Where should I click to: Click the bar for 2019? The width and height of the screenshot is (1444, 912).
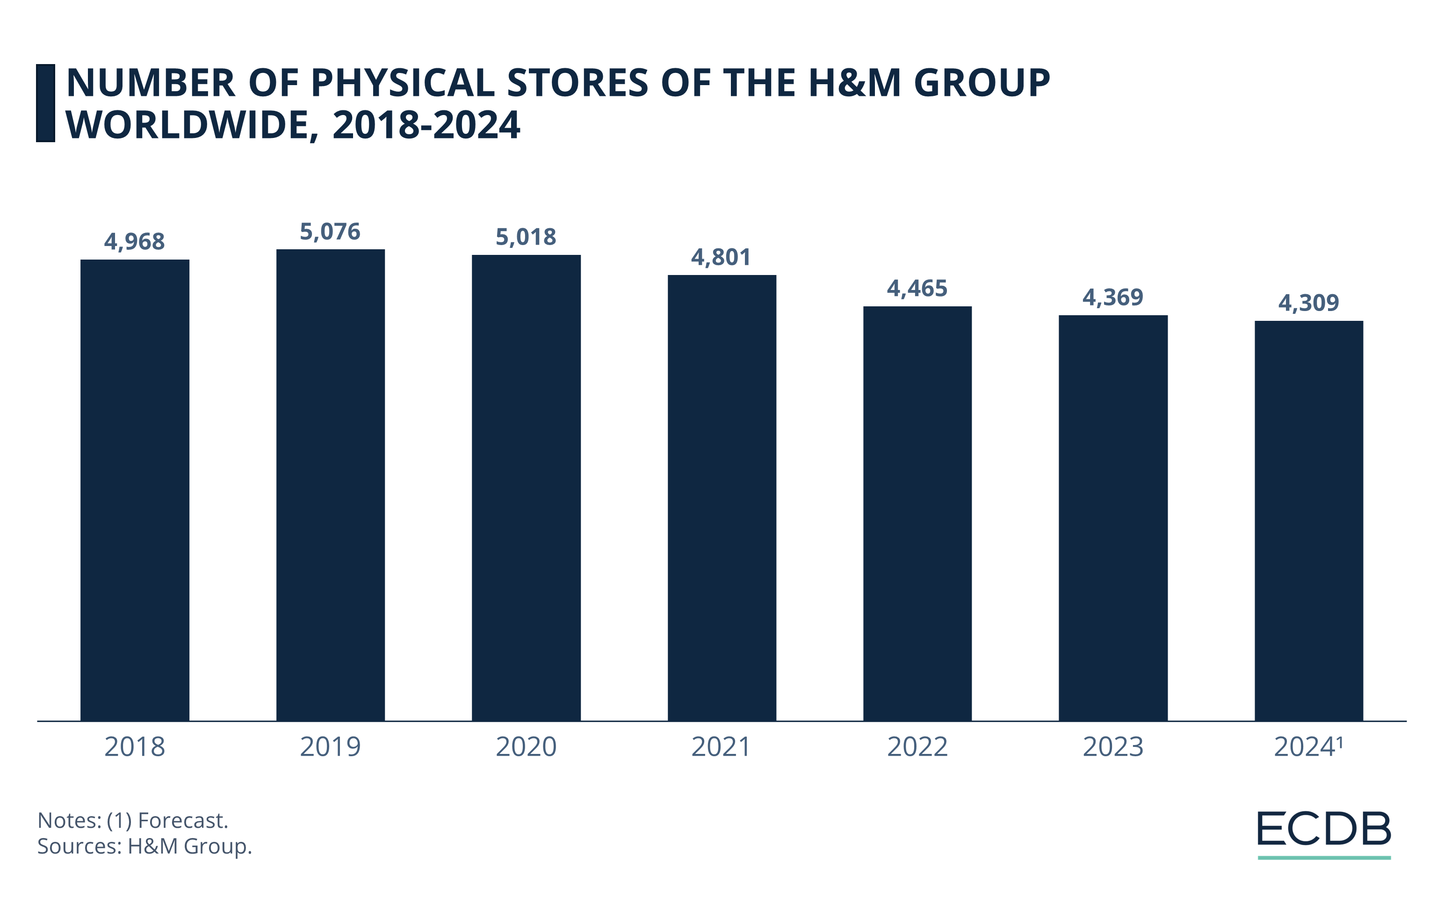coord(331,485)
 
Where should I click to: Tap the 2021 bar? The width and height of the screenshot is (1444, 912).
coord(722,498)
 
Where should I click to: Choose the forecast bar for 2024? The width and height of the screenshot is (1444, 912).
coord(1308,521)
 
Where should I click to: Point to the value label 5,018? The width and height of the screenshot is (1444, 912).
coord(526,237)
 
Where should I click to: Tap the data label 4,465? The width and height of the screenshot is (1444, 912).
coord(917,289)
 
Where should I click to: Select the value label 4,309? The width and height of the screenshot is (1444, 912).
coord(1308,303)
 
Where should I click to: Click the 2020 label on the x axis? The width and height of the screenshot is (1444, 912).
coord(526,747)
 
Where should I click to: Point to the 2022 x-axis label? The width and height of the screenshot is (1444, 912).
coord(917,747)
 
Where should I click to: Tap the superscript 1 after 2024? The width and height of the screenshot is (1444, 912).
coord(1340,742)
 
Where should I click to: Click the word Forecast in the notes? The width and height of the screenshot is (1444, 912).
coord(183,820)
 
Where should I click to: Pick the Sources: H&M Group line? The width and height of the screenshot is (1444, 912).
coord(144,846)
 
